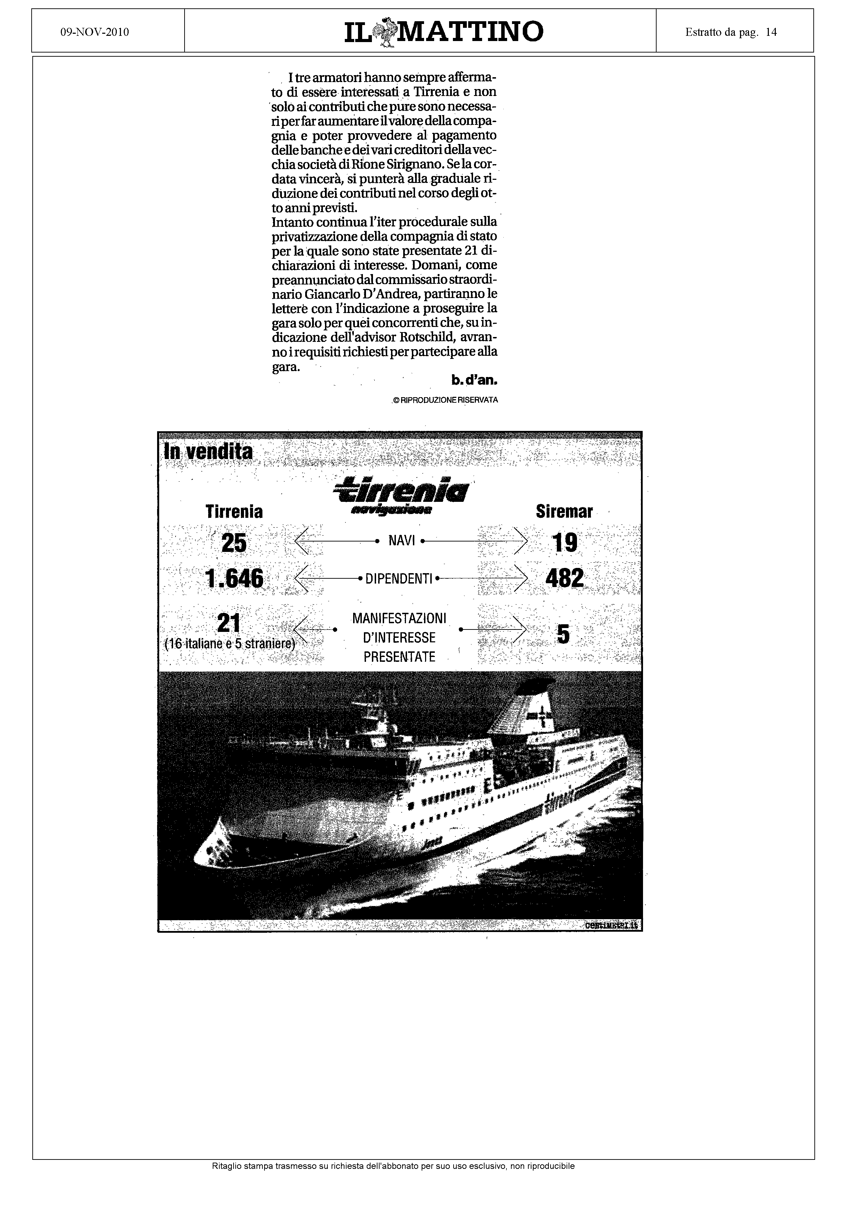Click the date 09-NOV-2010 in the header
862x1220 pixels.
pyautogui.click(x=95, y=32)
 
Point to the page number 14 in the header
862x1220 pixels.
pyautogui.click(x=771, y=32)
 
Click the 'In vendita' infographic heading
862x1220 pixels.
pyautogui.click(x=208, y=452)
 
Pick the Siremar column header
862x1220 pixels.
pyautogui.click(x=564, y=512)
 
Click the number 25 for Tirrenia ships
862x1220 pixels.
pyautogui.click(x=234, y=543)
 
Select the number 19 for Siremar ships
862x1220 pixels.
pyautogui.click(x=564, y=543)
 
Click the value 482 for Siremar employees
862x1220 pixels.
pyautogui.click(x=564, y=578)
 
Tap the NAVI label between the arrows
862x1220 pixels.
pyautogui.click(x=401, y=541)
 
